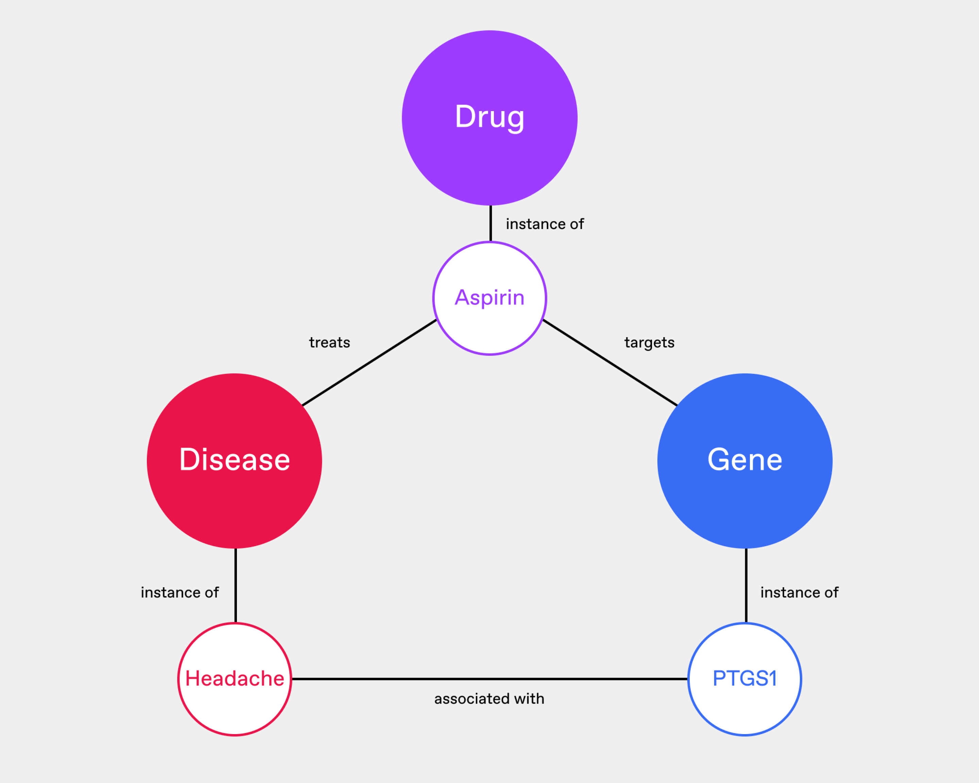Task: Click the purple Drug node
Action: pos(489,118)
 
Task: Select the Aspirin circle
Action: pos(489,298)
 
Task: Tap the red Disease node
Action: pos(234,461)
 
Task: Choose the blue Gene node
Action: pos(745,461)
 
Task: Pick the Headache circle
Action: pos(234,679)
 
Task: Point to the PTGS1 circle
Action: pos(745,679)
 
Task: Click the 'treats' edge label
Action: pos(329,343)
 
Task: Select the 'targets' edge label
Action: pos(649,343)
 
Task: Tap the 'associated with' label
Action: pos(489,699)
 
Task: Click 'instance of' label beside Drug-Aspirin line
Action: pos(545,224)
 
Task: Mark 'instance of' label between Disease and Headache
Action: pos(180,592)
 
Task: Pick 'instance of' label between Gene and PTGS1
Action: pos(799,592)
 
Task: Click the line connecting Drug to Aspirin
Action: pos(491,223)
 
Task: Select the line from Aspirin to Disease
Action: pos(369,363)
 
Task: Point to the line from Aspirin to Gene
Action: pos(610,363)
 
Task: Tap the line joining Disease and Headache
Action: pos(235,586)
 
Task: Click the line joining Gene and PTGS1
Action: pos(745,586)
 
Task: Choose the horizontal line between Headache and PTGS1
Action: pos(489,679)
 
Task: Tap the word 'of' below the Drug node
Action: pos(577,224)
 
